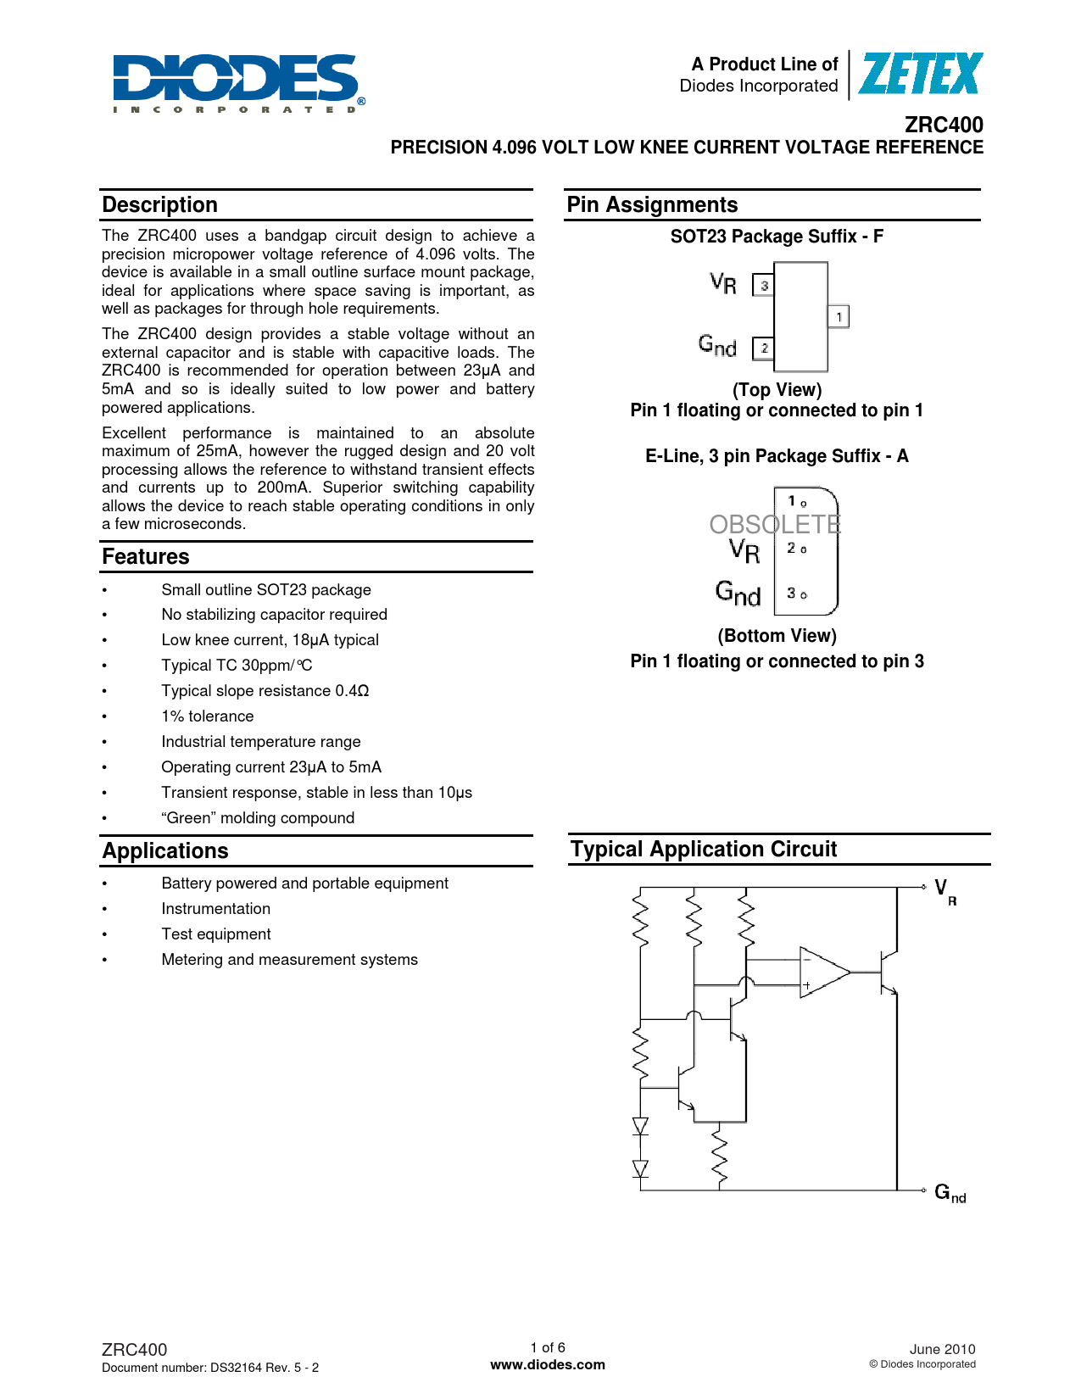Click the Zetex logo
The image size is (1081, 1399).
point(919,74)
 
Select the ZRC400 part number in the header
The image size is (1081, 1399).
point(944,125)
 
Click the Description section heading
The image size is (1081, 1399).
point(160,205)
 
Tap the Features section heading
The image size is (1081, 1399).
point(146,557)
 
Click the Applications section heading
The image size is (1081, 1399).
point(165,851)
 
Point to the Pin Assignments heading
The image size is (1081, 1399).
point(652,205)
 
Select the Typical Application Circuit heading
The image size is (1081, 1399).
point(703,850)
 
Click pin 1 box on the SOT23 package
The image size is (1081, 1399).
point(839,317)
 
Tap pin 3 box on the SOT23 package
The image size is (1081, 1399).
point(764,286)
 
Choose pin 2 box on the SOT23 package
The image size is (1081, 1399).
point(764,348)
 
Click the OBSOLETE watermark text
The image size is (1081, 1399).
point(775,525)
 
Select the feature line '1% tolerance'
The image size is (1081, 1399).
point(208,716)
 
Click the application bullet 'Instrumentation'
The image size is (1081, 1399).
point(216,909)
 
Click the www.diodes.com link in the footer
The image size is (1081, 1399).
point(548,1365)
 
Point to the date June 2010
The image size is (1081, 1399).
point(942,1349)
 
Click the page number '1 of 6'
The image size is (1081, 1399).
point(548,1347)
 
